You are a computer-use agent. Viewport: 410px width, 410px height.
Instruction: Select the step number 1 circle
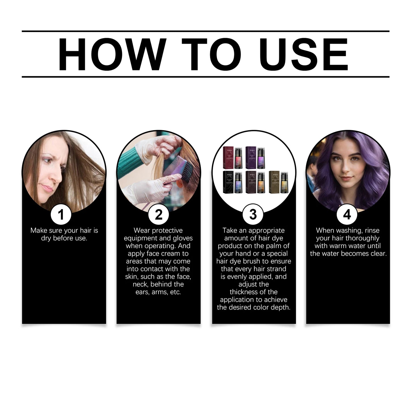[x=61, y=215]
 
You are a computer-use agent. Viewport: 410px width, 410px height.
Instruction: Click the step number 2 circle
[x=159, y=215]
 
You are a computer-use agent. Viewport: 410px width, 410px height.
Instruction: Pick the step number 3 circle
[x=253, y=215]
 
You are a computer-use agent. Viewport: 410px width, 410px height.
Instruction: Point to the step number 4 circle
[x=347, y=215]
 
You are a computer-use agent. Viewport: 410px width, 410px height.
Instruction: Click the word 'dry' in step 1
[x=46, y=238]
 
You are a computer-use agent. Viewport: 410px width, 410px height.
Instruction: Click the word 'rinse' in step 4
[x=372, y=230]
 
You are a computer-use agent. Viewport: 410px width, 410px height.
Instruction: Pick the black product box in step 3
[x=228, y=182]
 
